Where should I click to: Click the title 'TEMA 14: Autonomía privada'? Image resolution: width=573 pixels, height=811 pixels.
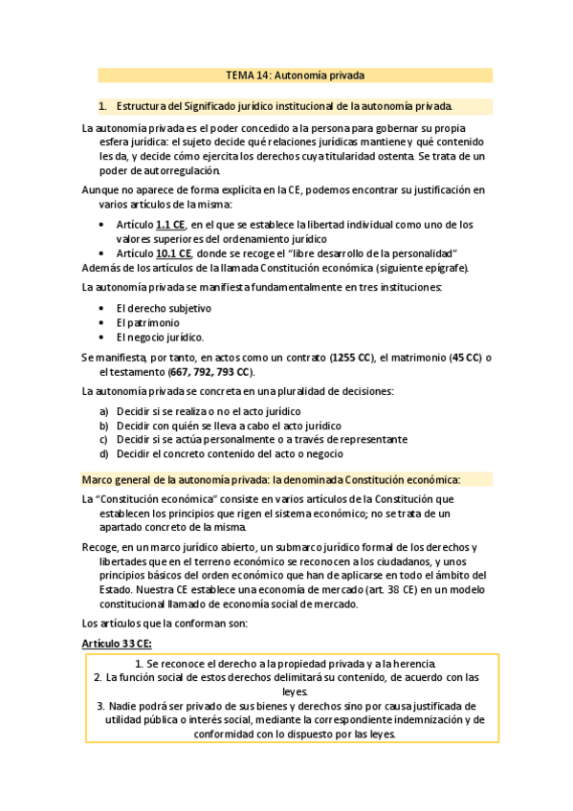coord(295,75)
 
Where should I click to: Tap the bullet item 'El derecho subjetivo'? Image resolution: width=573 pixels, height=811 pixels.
coord(164,308)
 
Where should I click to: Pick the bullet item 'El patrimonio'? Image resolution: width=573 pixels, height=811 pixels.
coord(148,322)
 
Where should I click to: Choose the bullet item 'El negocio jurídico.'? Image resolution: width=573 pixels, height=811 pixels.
coord(160,337)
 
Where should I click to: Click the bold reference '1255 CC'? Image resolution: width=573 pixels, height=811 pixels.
coord(352,358)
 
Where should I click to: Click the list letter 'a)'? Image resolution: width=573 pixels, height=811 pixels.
coord(103,410)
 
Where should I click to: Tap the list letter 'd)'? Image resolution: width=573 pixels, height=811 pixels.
coord(103,453)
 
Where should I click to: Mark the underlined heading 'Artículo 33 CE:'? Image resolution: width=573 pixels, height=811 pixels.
coord(118,643)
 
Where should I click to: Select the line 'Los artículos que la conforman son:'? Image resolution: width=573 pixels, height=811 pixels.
coord(165,624)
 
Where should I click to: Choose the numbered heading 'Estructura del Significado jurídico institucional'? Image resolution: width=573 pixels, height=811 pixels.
coord(285,105)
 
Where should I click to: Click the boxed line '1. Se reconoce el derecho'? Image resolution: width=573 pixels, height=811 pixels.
coord(284,663)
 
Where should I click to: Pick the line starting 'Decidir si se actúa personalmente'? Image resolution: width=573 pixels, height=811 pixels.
coord(261,439)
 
